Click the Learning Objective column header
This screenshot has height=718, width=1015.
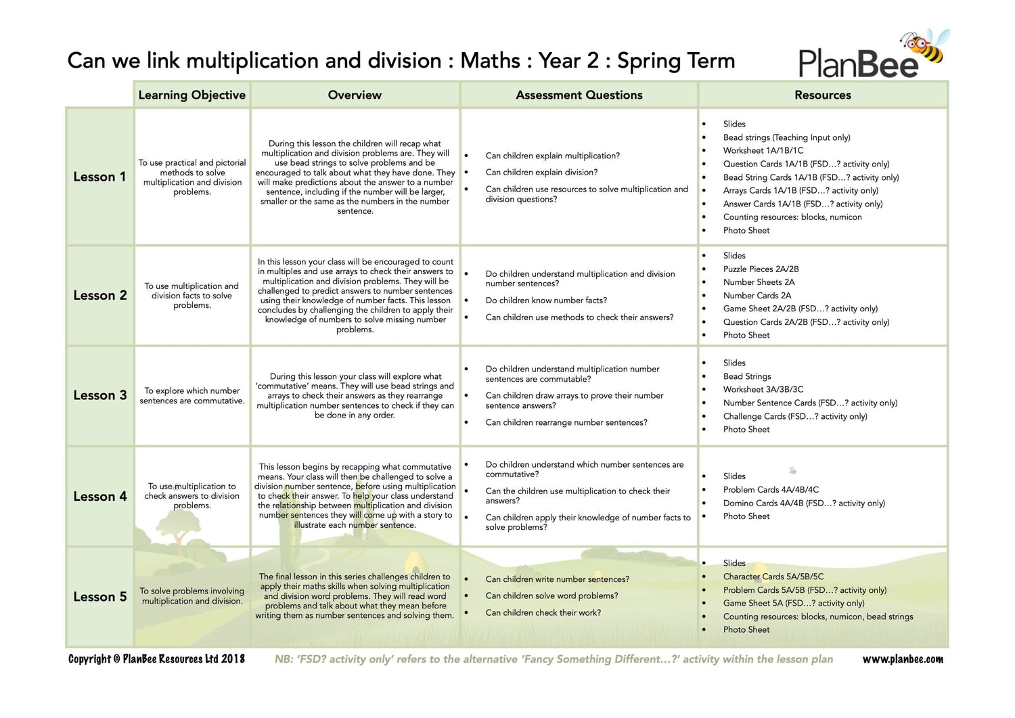(x=192, y=95)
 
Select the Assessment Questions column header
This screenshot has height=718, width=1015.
(x=579, y=95)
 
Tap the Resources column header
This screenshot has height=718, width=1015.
(x=823, y=95)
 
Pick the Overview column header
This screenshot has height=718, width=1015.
(x=355, y=95)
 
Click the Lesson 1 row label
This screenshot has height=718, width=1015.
(x=99, y=177)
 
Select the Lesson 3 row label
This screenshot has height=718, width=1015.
(x=99, y=395)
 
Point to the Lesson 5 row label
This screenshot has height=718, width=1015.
(x=99, y=597)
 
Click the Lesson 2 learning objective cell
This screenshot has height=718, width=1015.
(x=192, y=296)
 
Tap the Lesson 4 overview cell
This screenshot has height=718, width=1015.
(x=355, y=496)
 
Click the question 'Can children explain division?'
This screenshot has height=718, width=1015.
(x=541, y=173)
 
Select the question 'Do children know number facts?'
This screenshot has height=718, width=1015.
(x=546, y=300)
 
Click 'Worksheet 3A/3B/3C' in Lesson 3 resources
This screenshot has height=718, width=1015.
(x=763, y=390)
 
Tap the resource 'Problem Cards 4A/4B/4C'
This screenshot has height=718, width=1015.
(x=771, y=490)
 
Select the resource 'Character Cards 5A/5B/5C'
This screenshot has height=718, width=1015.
(x=773, y=577)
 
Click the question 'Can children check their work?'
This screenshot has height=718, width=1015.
(x=543, y=613)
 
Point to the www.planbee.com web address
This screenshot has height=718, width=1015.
(x=902, y=660)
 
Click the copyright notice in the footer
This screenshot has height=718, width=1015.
(x=156, y=659)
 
